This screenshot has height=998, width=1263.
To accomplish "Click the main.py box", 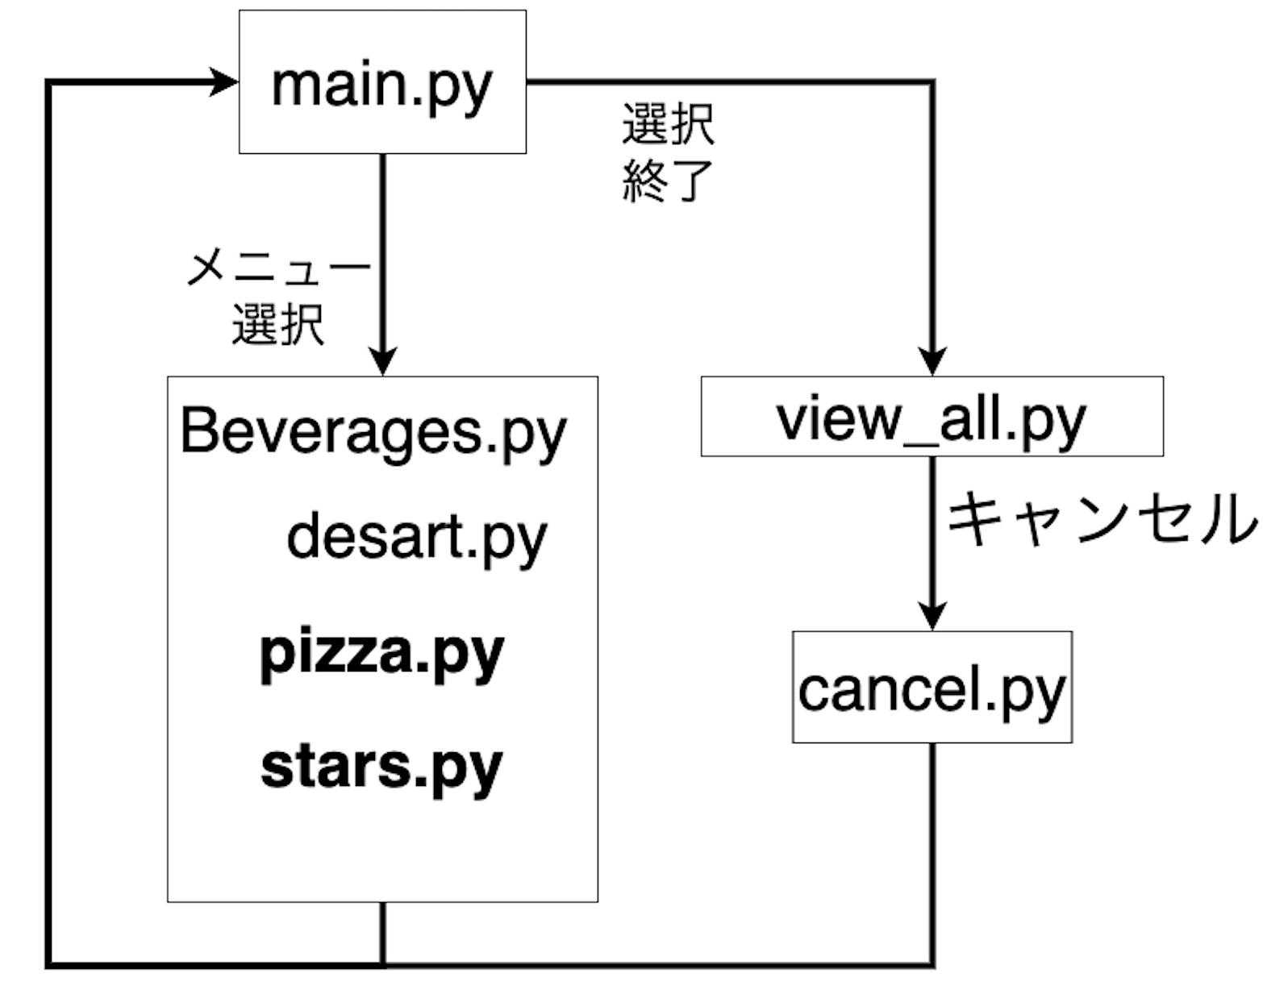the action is (382, 81).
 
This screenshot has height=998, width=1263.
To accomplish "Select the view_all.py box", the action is (932, 416).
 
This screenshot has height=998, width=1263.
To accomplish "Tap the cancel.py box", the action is (932, 687).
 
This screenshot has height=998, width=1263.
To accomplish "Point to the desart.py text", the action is (417, 538).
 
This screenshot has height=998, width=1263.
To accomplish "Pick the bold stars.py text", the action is (382, 767).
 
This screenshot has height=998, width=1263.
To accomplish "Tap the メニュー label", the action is (279, 268).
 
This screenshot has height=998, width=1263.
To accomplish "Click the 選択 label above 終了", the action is (668, 124).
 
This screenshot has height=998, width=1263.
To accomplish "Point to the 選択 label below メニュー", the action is (278, 324).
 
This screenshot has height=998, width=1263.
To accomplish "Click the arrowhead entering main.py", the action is (224, 81).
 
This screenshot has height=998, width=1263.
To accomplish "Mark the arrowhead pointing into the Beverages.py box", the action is (382, 361).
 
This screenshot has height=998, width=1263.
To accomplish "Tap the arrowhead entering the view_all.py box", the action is (932, 361).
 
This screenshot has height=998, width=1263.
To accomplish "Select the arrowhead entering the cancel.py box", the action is (932, 617).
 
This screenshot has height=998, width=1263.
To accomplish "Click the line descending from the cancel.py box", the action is (932, 855).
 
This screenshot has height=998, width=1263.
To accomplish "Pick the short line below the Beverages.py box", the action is (382, 934).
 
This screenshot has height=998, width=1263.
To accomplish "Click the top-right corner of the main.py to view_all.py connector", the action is (932, 81).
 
